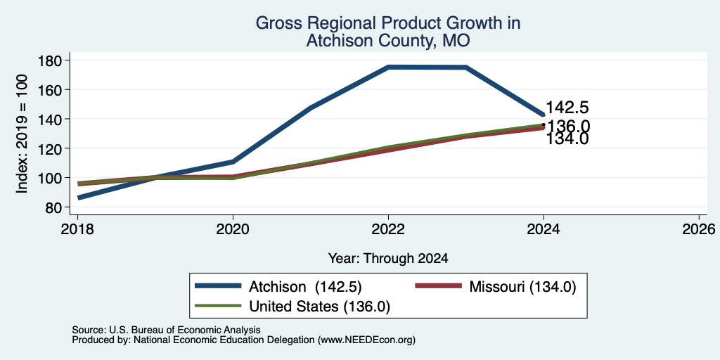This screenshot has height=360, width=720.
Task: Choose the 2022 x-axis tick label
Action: pyautogui.click(x=388, y=229)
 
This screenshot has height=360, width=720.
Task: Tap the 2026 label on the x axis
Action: pyautogui.click(x=699, y=229)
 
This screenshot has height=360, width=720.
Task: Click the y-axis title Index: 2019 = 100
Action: pyautogui.click(x=22, y=134)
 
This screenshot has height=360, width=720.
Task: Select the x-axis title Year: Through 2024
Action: pyautogui.click(x=388, y=259)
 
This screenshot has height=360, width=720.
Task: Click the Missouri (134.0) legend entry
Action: pyautogui.click(x=522, y=287)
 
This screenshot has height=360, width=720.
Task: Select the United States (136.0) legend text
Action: pyautogui.click(x=320, y=307)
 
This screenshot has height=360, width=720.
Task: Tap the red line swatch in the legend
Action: pyautogui.click(x=437, y=286)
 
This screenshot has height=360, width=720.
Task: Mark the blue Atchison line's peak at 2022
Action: pyautogui.click(x=388, y=67)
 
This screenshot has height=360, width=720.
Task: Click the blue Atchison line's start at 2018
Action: pyautogui.click(x=79, y=198)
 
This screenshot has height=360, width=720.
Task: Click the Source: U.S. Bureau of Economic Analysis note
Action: pyautogui.click(x=166, y=330)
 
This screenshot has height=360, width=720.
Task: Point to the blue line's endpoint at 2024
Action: pyautogui.click(x=544, y=115)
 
